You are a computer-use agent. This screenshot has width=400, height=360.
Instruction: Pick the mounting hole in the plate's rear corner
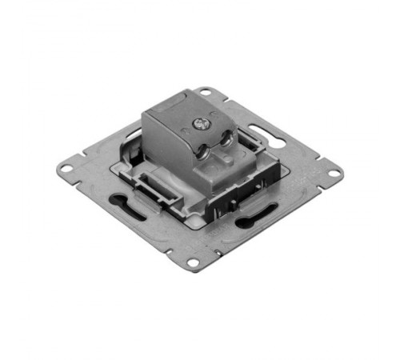click(206, 92)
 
